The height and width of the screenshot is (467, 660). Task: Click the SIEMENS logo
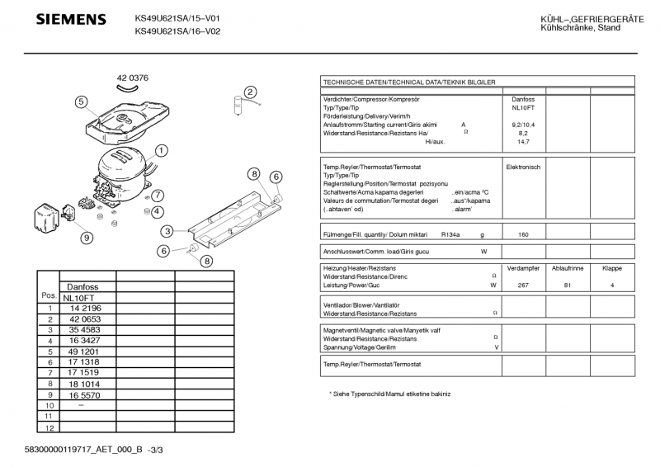[71, 19]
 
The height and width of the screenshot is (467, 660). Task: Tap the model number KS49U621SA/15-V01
[177, 18]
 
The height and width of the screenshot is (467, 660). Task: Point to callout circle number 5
[81, 102]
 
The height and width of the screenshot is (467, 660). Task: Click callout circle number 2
[250, 92]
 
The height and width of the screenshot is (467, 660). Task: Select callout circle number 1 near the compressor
[162, 150]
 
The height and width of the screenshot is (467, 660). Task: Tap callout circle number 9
[86, 238]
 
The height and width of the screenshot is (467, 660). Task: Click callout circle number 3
[167, 231]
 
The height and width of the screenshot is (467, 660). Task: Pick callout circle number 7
[157, 196]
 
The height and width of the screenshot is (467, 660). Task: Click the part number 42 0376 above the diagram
[132, 78]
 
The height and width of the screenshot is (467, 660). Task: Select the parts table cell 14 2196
[86, 308]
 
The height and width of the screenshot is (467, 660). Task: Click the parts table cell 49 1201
[86, 351]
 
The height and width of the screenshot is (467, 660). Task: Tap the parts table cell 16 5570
[86, 394]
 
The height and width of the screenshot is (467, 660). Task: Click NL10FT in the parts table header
[81, 297]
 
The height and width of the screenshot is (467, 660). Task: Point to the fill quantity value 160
[523, 234]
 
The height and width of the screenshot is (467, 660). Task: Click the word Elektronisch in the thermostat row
[523, 167]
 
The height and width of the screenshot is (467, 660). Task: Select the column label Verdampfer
[523, 269]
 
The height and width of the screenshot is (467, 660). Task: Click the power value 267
[523, 285]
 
